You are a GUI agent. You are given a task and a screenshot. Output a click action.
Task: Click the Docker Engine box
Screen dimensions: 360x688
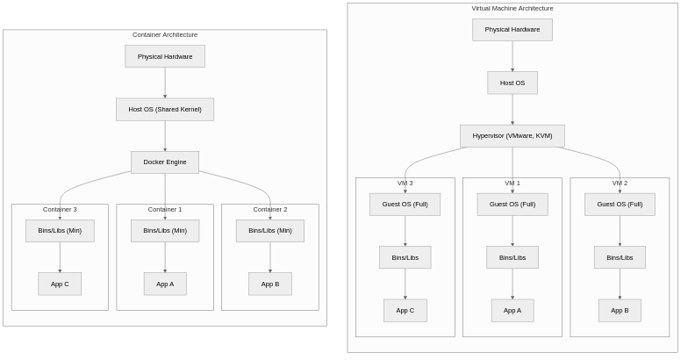pyautogui.click(x=165, y=162)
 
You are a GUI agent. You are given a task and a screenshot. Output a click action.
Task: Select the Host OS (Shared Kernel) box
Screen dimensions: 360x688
pyautogui.click(x=165, y=110)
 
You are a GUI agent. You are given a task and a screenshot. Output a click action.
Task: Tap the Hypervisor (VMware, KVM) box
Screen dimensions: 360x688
pyautogui.click(x=512, y=136)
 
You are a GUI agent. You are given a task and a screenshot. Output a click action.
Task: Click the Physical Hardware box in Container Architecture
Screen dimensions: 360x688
pyautogui.click(x=165, y=57)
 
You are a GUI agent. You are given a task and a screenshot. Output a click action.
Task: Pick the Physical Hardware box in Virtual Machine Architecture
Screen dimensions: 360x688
pyautogui.click(x=512, y=30)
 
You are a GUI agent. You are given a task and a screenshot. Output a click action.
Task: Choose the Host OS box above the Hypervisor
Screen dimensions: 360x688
pyautogui.click(x=512, y=83)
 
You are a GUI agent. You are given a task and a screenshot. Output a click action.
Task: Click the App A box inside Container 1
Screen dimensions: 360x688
pyautogui.click(x=165, y=284)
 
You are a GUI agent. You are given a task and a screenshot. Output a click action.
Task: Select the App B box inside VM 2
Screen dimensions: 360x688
pyautogui.click(x=620, y=310)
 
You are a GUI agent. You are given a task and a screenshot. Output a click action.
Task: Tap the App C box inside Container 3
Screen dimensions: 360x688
pyautogui.click(x=60, y=284)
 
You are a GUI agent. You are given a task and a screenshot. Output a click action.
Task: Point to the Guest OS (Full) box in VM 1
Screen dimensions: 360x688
pyautogui.click(x=512, y=205)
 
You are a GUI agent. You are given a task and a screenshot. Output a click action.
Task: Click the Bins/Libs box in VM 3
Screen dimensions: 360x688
pyautogui.click(x=405, y=257)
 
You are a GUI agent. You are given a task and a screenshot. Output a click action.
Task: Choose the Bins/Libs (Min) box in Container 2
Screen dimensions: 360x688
pyautogui.click(x=270, y=231)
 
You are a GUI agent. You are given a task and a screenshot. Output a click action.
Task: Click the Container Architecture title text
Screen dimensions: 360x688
pyautogui.click(x=165, y=35)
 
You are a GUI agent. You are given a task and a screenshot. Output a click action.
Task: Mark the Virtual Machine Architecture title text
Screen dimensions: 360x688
pyautogui.click(x=512, y=9)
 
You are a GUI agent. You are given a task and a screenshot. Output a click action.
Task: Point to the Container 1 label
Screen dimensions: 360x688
pyautogui.click(x=165, y=210)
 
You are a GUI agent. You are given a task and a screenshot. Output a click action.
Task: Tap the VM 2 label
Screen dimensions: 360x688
pyautogui.click(x=620, y=184)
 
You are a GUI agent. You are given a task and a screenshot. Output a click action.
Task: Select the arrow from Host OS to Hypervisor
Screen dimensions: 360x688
pyautogui.click(x=512, y=109)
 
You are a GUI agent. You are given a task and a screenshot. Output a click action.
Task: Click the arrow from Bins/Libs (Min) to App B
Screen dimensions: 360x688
pyautogui.click(x=270, y=256)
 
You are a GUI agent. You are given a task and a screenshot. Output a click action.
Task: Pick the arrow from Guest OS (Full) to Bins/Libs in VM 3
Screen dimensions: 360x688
pyautogui.click(x=405, y=230)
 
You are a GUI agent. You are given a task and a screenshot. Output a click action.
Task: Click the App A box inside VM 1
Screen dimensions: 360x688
pyautogui.click(x=512, y=310)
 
